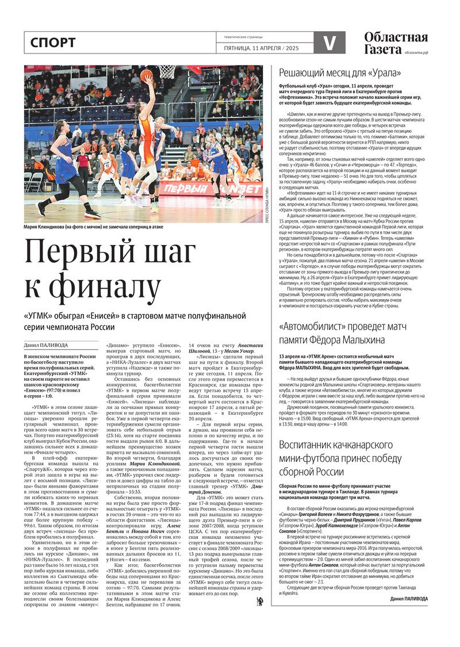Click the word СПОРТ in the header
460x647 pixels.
pyautogui.click(x=52, y=43)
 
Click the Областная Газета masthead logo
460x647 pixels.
pyautogui.click(x=396, y=43)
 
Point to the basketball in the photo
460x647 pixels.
pyautogui.click(x=147, y=75)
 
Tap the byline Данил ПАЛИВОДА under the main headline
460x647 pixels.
pyautogui.click(x=46, y=345)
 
